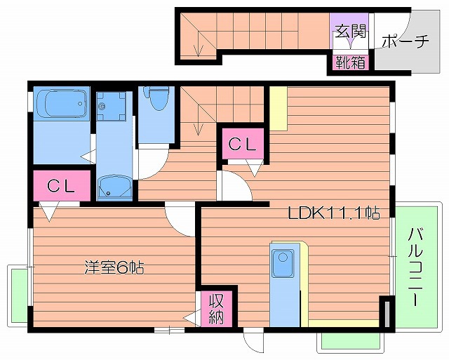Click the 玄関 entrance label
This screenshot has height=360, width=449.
(349, 31)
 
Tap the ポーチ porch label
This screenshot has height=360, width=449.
(406, 41)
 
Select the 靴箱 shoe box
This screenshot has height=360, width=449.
(349, 62)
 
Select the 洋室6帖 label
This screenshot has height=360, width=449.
(114, 267)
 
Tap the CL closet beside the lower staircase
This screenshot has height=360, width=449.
(243, 145)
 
